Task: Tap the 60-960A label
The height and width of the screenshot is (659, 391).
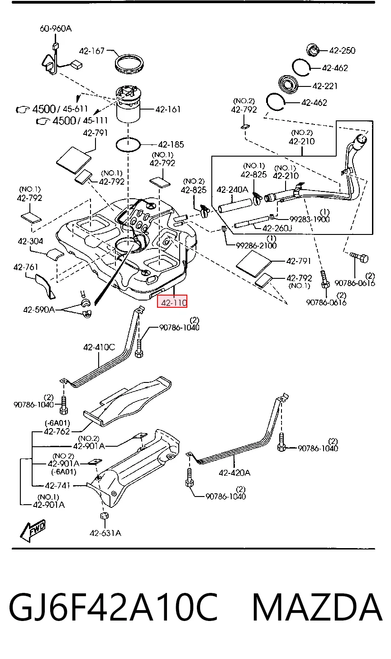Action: [x=56, y=29]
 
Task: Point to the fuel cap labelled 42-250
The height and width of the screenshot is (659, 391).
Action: [x=313, y=50]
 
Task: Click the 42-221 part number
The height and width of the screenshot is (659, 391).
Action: [x=325, y=86]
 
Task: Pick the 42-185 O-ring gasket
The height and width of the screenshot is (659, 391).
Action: [x=128, y=144]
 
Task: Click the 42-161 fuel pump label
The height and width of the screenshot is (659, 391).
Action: [x=168, y=110]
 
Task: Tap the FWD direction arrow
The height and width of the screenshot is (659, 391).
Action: [x=33, y=531]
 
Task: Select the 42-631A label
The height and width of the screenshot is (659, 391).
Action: [x=105, y=533]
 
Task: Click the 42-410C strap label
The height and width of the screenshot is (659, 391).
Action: [x=99, y=347]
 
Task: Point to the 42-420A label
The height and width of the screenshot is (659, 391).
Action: [x=234, y=473]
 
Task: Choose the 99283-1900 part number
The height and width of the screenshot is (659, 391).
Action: [x=310, y=219]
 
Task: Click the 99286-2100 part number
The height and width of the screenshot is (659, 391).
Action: [x=256, y=245]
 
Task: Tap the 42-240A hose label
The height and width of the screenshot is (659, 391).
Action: [x=233, y=190]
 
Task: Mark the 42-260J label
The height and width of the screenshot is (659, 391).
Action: [x=277, y=228]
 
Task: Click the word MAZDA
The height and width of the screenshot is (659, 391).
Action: [x=317, y=607]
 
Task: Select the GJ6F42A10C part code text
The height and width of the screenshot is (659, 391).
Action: [x=114, y=607]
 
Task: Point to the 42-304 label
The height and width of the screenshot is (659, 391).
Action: [x=30, y=241]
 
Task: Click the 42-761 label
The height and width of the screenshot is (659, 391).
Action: [x=26, y=267]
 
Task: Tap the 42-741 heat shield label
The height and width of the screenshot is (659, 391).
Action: [x=57, y=485]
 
